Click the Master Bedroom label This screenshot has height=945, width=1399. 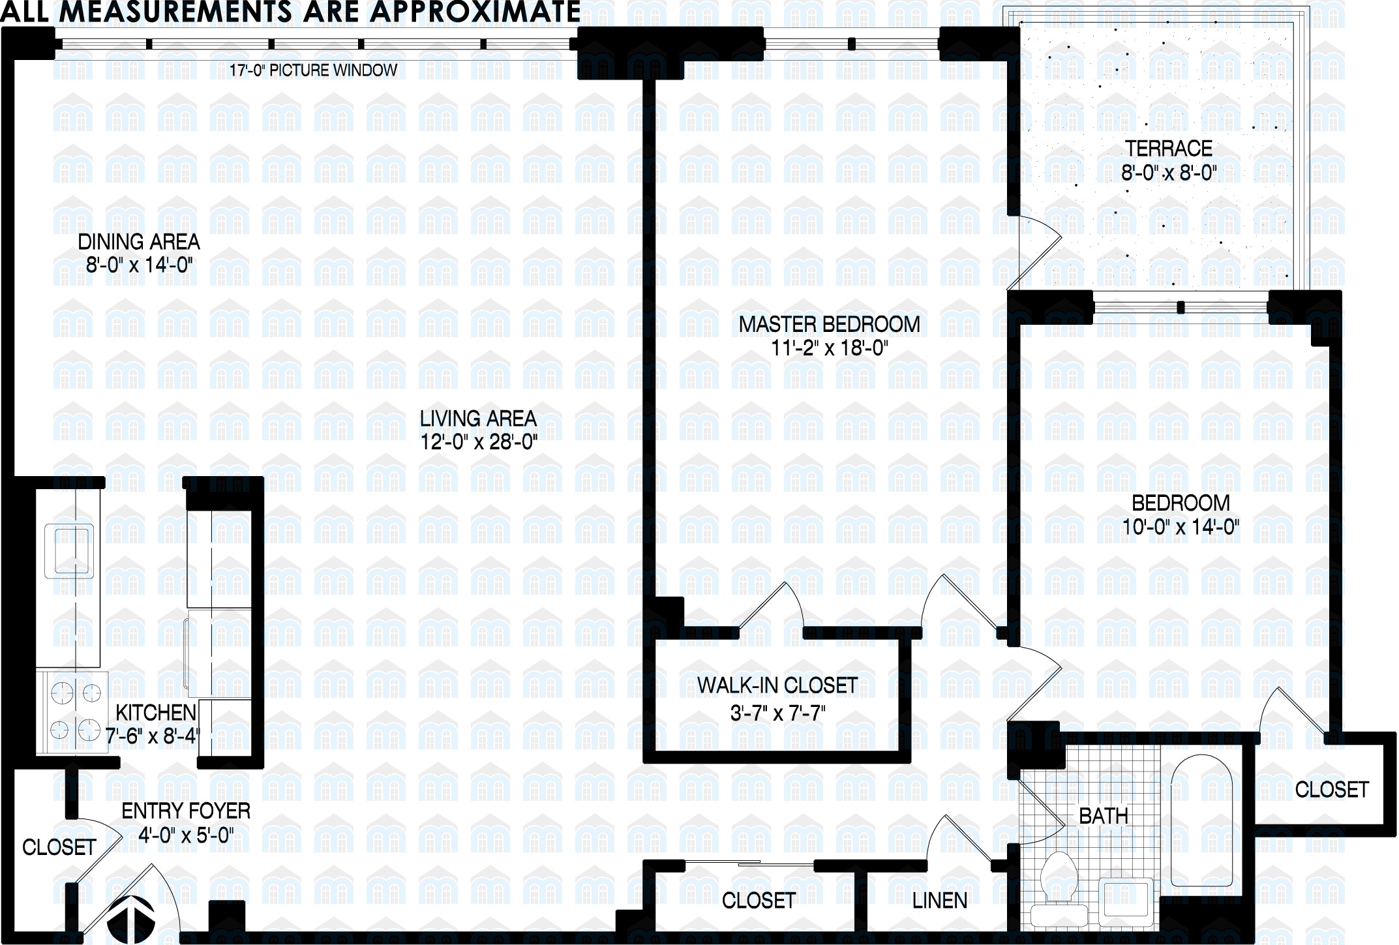(829, 324)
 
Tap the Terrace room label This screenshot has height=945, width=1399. (1168, 149)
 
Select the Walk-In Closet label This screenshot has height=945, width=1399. (777, 685)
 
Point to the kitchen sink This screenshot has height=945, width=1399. (68, 551)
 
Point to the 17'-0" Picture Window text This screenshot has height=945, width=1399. (313, 70)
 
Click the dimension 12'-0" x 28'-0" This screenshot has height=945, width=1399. (478, 443)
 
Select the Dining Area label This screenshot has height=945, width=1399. (138, 242)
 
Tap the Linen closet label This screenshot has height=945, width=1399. (939, 901)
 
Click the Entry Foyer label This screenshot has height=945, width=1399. (186, 811)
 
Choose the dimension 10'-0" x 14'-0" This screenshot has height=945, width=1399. (1181, 527)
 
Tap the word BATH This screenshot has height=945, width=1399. (1103, 815)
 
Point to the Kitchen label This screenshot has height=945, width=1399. (156, 712)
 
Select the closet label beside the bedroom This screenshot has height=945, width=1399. (1331, 790)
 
